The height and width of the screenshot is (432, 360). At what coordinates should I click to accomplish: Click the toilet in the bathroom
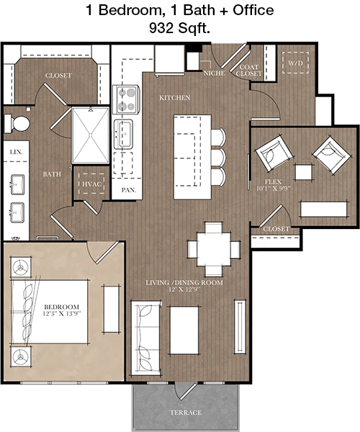coord(17,124)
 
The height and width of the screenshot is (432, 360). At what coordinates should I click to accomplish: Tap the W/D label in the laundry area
coord(295,63)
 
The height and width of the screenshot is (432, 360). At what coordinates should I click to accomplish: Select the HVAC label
coord(91,184)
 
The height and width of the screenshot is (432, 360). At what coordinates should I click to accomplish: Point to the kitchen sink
coord(124,134)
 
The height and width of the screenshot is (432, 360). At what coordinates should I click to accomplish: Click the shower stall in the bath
coord(91,135)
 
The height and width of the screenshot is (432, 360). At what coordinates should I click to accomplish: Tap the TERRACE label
coord(186,413)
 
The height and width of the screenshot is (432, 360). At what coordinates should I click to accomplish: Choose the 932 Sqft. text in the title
coord(179,27)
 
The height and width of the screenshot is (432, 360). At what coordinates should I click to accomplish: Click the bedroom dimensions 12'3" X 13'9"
coord(62,313)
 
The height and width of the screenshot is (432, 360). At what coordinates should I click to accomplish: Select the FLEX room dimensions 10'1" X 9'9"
coord(274,189)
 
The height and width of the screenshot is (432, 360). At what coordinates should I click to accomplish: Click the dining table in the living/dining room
coord(214,249)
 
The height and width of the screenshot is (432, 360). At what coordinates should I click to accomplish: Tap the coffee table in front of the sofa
coord(184,330)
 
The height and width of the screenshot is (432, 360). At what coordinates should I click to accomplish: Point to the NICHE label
coord(215,73)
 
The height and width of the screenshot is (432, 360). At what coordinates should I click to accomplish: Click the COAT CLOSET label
coord(248,71)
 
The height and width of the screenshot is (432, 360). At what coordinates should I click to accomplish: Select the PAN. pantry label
coord(129,190)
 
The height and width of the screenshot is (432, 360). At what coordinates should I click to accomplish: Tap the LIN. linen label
coord(17,152)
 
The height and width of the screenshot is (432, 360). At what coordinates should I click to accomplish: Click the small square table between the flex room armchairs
coord(304,172)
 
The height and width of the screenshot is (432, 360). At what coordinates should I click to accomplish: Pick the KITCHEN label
coord(175,97)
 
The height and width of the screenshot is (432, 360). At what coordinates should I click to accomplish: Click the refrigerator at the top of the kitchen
coord(170,59)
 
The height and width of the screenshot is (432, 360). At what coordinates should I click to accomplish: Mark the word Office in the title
coord(253,10)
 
